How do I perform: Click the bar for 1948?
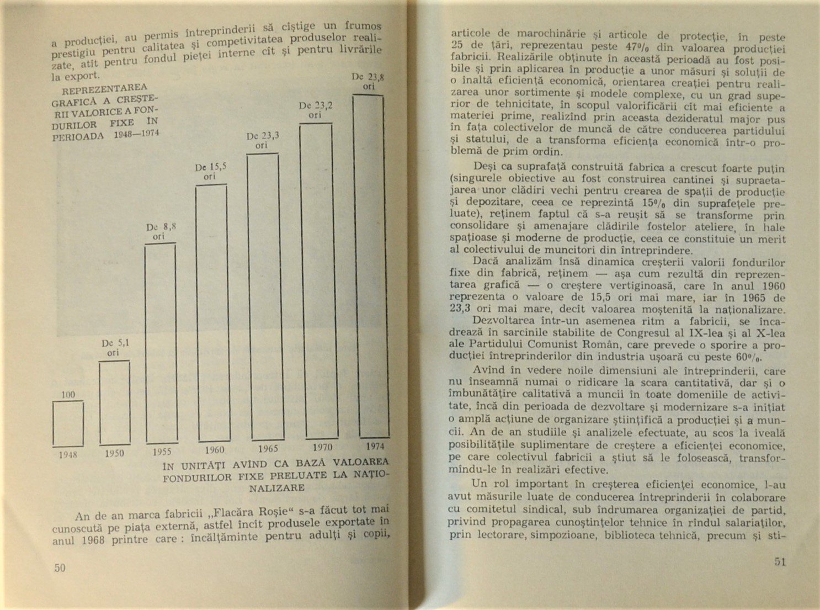pyautogui.click(x=68, y=423)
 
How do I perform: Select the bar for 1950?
pyautogui.click(x=115, y=402)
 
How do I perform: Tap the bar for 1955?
pyautogui.click(x=160, y=343)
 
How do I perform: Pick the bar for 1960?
pyautogui.click(x=211, y=313)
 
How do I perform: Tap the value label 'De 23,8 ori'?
pyautogui.click(x=368, y=82)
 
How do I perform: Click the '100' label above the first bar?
pyautogui.click(x=68, y=394)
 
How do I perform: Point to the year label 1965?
pyautogui.click(x=268, y=449)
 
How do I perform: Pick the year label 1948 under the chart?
pyautogui.click(x=68, y=455)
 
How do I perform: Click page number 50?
pyautogui.click(x=59, y=567)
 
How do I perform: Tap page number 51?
pyautogui.click(x=780, y=562)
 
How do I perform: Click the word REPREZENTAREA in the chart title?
pyautogui.click(x=104, y=90)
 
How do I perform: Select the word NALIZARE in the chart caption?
pyautogui.click(x=276, y=488)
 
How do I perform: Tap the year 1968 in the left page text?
pyautogui.click(x=92, y=540)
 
